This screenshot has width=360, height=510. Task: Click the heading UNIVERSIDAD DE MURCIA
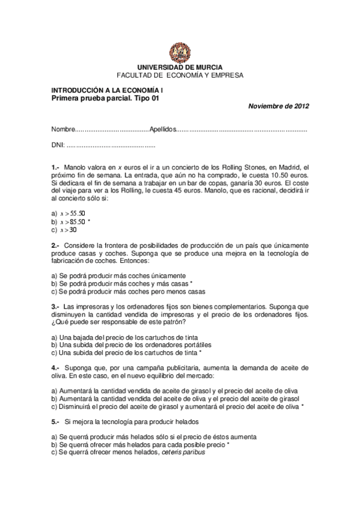coord(180,68)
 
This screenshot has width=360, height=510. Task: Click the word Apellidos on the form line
coord(162,129)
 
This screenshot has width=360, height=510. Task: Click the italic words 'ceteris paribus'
coord(183,452)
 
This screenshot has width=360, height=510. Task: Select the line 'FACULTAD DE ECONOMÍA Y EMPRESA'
coord(180,75)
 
